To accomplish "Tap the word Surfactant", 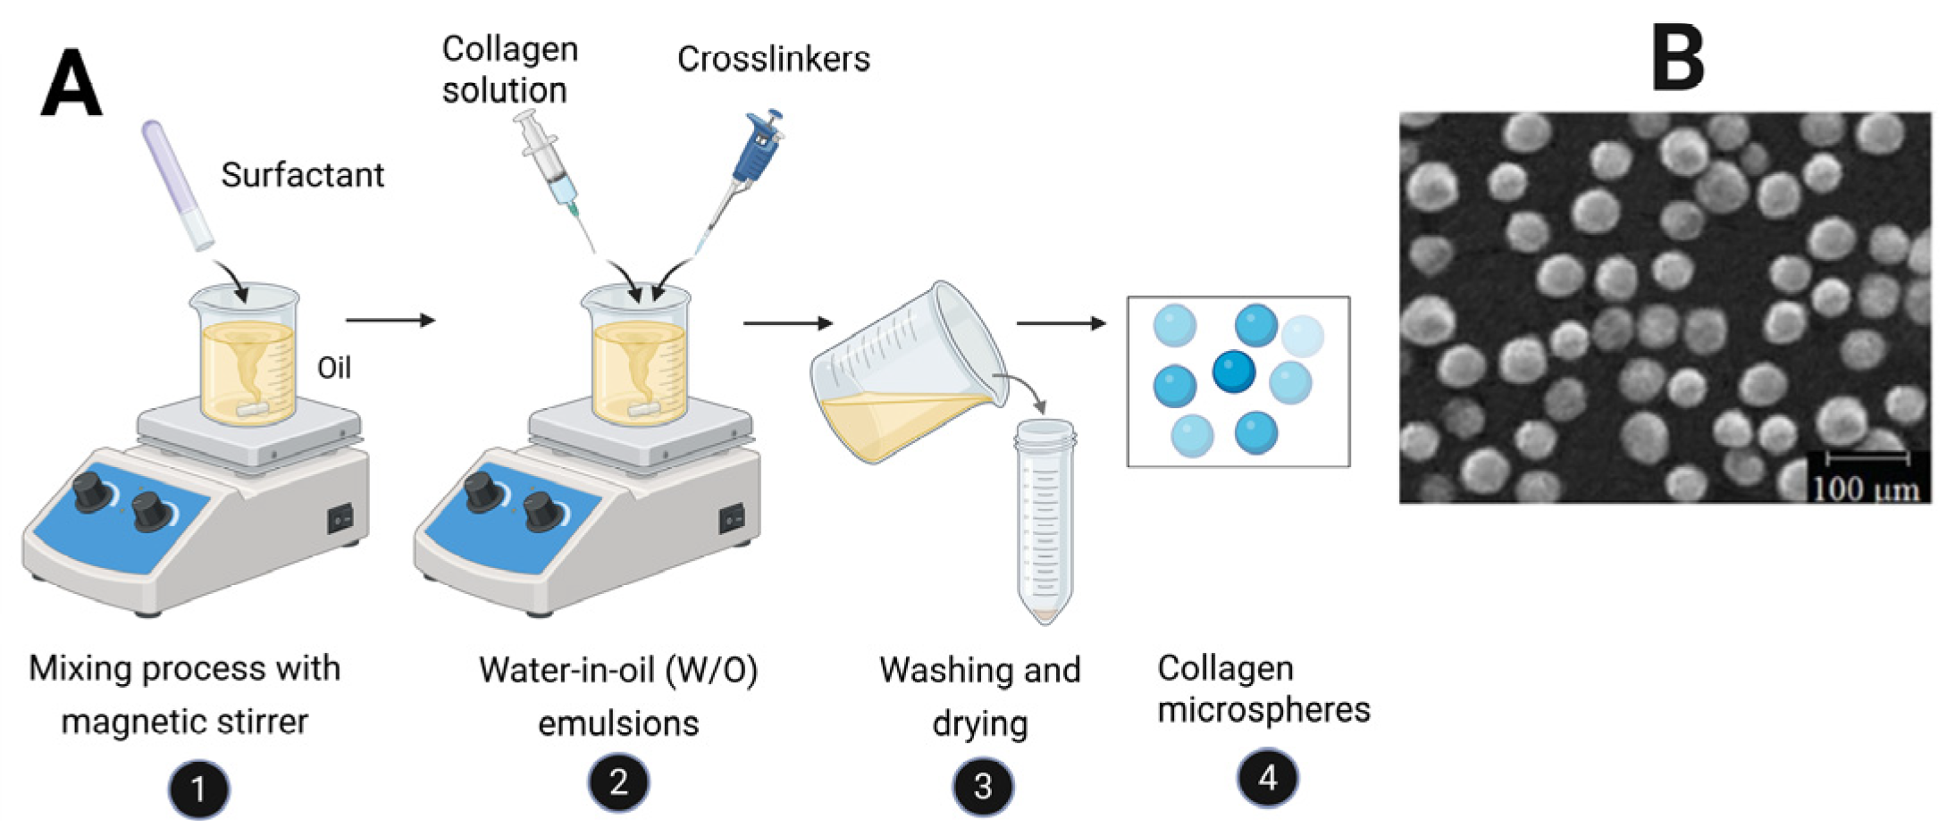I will pyautogui.click(x=302, y=175).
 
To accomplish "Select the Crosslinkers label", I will pyautogui.click(x=773, y=59).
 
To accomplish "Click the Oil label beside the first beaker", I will pyautogui.click(x=334, y=367).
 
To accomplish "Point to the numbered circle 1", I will pyautogui.click(x=198, y=789).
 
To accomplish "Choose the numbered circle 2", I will pyautogui.click(x=618, y=783).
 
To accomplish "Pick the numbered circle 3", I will pyautogui.click(x=982, y=786).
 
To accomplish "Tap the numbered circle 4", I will pyautogui.click(x=1267, y=778).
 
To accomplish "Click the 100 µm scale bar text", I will pyautogui.click(x=1866, y=489).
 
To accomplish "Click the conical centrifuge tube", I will pyautogui.click(x=1045, y=518).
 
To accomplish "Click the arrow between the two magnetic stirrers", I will pyautogui.click(x=390, y=320).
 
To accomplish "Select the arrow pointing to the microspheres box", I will pyautogui.click(x=1061, y=323).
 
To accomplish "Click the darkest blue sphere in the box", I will pyautogui.click(x=1234, y=371).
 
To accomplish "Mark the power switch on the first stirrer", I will pyautogui.click(x=340, y=517).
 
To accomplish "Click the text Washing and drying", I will pyautogui.click(x=980, y=696).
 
